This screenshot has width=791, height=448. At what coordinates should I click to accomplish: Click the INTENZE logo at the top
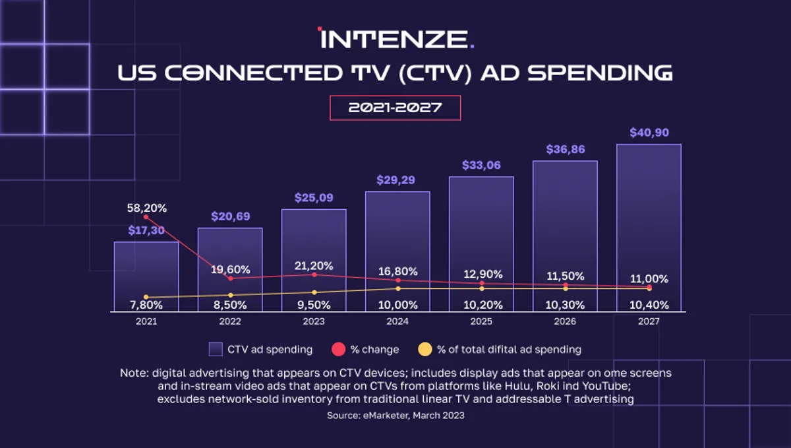point(395,38)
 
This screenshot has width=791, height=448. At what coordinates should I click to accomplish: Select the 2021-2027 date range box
point(395,108)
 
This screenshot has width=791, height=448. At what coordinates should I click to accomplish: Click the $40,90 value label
point(649,133)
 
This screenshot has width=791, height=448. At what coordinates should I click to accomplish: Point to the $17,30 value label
point(146,230)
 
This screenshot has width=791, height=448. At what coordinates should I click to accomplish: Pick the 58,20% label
point(146,208)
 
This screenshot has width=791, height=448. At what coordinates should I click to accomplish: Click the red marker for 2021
point(146,217)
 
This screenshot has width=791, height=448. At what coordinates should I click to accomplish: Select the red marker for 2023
point(314,274)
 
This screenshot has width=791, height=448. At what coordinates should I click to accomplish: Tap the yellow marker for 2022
point(230,295)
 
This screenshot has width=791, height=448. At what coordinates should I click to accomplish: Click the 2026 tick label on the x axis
point(565,321)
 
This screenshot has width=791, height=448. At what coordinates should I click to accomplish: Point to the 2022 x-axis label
point(230,321)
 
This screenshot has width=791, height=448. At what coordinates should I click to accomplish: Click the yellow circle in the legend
point(426,349)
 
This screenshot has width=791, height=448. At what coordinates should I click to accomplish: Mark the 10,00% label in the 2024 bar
point(397,305)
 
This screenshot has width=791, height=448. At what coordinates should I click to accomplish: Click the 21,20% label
point(314,266)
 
